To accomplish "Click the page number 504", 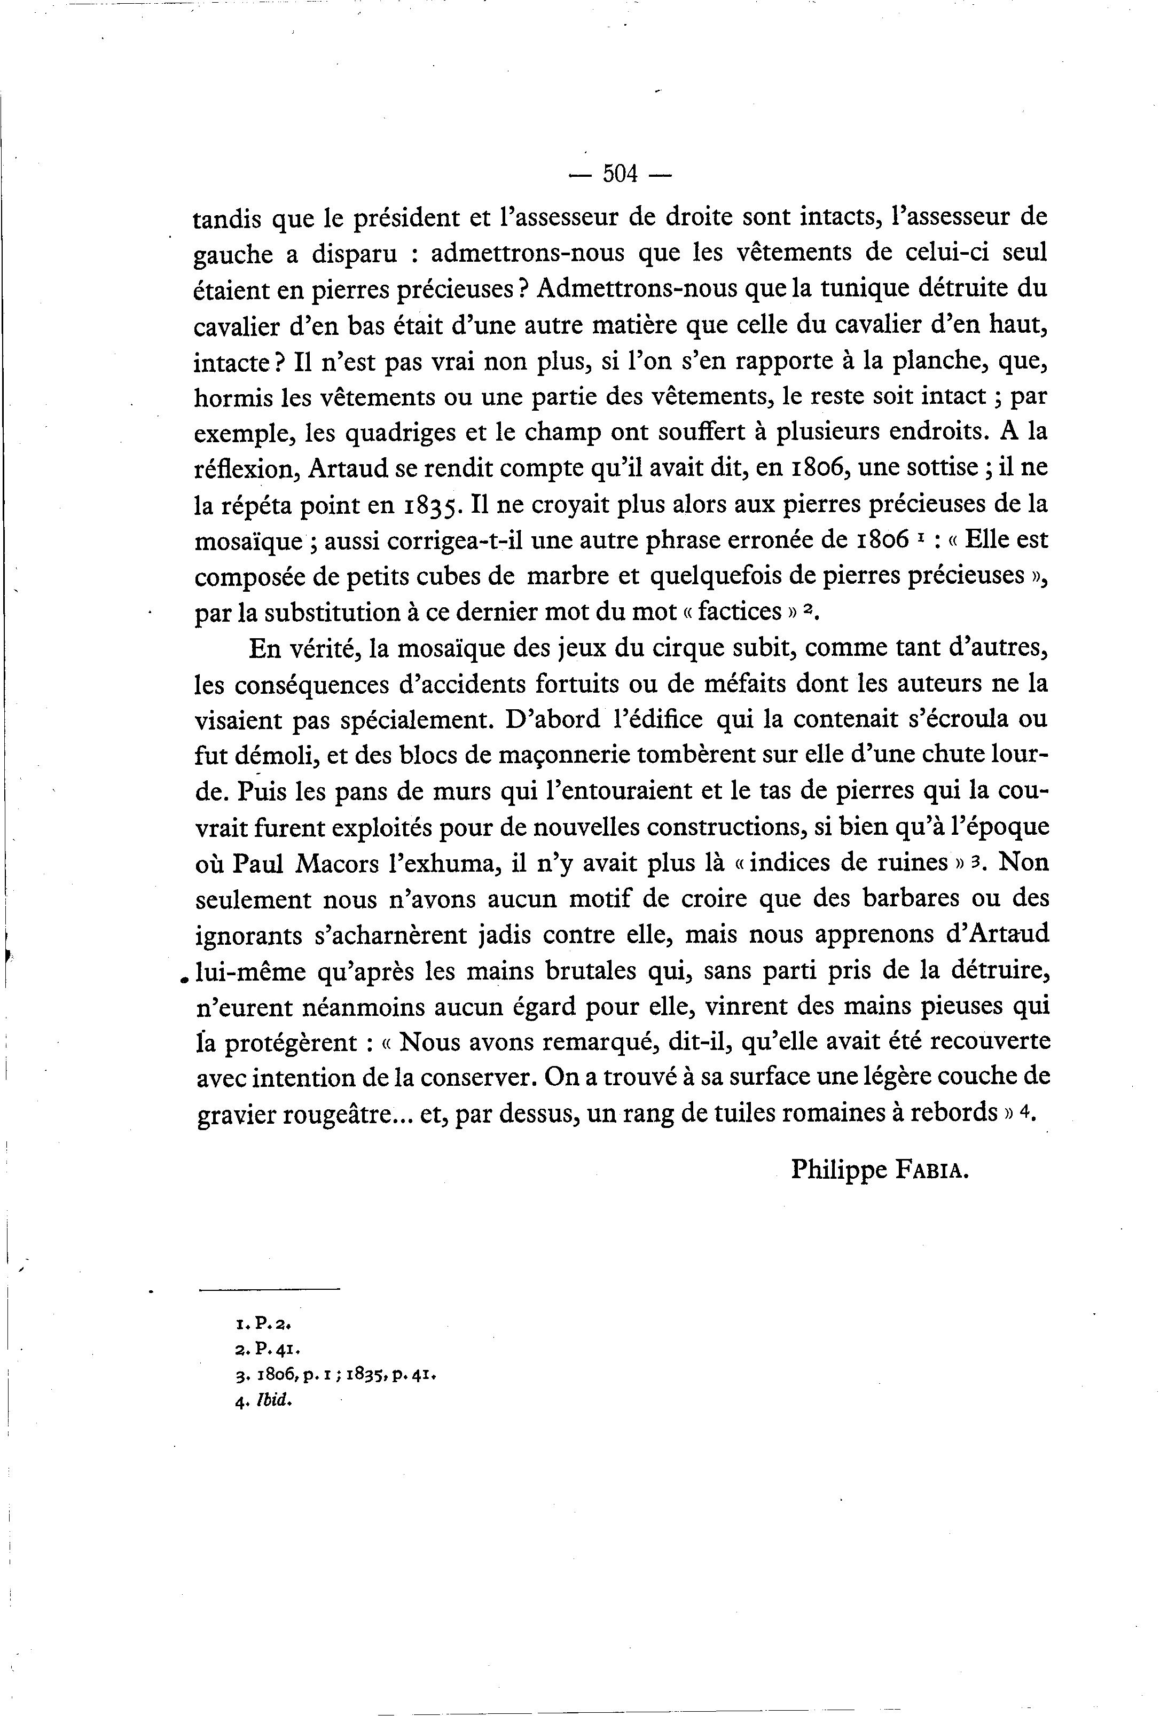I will coord(620,174).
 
